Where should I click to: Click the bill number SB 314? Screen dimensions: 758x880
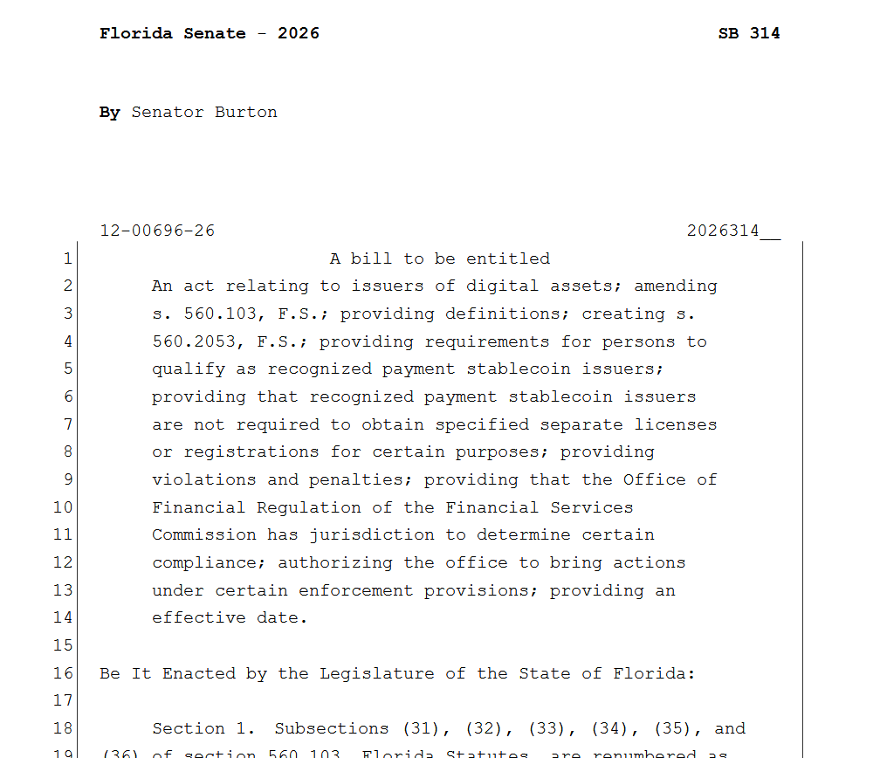748,34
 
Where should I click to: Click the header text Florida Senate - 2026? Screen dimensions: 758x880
210,34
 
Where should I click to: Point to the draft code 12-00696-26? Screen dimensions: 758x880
157,231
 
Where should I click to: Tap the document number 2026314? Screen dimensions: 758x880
723,231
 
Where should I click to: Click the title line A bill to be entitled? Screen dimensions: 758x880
440,259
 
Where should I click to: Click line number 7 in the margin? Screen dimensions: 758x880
68,425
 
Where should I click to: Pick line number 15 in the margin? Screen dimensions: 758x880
63,646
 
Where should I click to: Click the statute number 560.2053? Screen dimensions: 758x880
194,342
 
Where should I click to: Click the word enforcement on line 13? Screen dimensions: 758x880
356,591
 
